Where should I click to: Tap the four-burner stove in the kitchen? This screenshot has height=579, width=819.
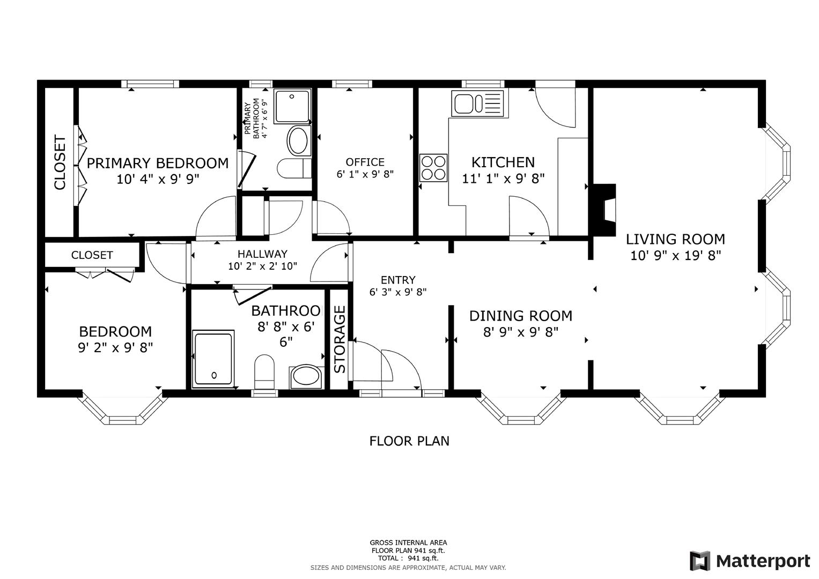pos(433,167)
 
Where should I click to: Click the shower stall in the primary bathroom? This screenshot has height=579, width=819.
pos(292,106)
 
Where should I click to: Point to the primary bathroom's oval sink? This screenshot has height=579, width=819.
pos(298,140)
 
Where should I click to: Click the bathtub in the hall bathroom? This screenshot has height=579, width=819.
pos(213,358)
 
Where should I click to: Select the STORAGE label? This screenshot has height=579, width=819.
pos(340,340)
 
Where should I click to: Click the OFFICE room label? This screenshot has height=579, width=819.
pos(365,162)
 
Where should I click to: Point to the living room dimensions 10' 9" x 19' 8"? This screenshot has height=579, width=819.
pos(675,255)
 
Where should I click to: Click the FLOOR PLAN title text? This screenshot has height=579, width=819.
pos(409,441)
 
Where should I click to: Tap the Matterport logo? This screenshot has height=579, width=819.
pos(749,561)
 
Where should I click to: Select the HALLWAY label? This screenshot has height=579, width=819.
pos(262,254)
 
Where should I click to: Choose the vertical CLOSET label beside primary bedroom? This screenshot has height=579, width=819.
pos(60,163)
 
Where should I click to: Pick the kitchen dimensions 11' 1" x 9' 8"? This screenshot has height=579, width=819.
pos(503,179)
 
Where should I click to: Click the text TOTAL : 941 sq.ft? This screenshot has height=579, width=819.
pos(408,558)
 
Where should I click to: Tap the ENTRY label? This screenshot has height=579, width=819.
pos(398,280)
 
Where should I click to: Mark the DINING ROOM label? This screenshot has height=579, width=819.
pos(520,316)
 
